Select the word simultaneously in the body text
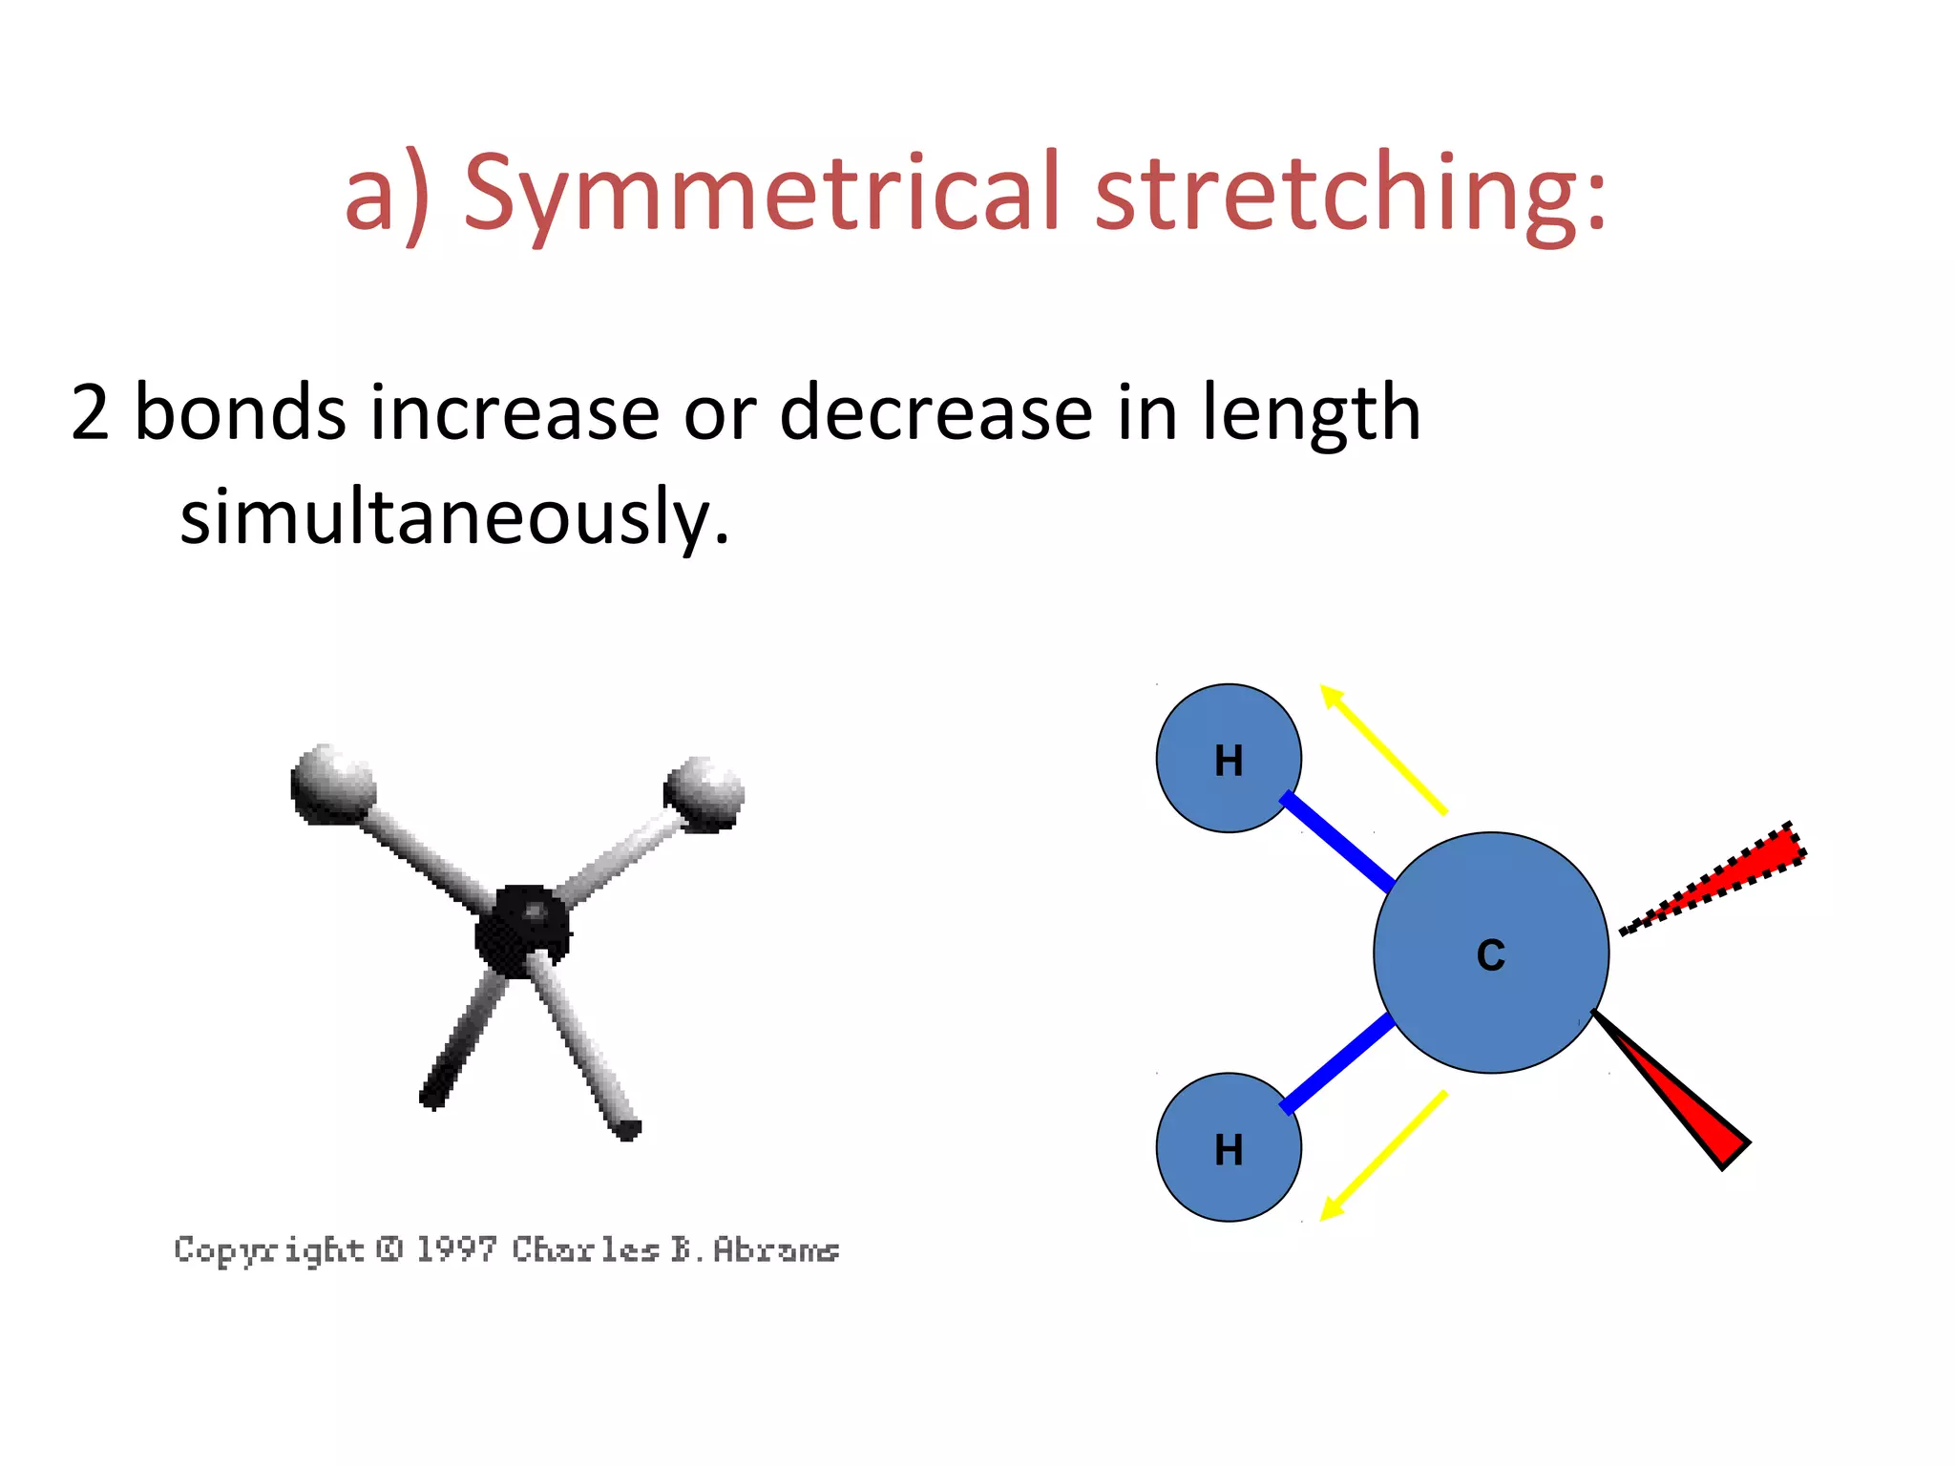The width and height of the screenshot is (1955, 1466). [x=454, y=517]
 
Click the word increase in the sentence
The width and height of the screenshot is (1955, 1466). [x=515, y=412]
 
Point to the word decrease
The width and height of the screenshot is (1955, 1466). [x=935, y=412]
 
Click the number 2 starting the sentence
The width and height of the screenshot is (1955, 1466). [x=90, y=412]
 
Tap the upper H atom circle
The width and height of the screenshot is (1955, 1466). [x=1229, y=759]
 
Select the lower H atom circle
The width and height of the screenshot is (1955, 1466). [x=1229, y=1147]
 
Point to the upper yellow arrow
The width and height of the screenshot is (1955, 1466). [x=1384, y=749]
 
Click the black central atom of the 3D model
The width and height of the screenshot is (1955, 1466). [x=522, y=931]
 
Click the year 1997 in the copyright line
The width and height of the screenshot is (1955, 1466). [x=456, y=1248]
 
